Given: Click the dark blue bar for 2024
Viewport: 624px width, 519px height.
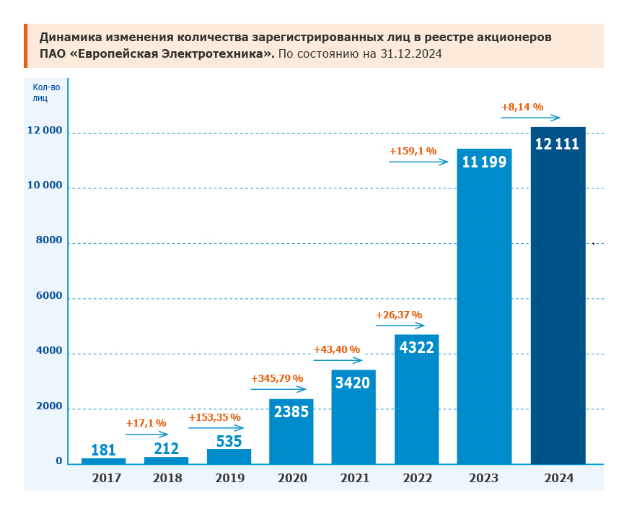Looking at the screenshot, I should click(558, 303).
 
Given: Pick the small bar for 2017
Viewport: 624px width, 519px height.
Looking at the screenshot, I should click(103, 461).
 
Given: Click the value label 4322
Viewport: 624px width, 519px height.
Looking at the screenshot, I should click(416, 347).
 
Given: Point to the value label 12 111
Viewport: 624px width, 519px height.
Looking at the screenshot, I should click(557, 144).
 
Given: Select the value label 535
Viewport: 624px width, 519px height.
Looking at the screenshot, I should click(229, 441).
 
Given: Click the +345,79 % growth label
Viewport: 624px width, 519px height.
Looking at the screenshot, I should click(277, 378).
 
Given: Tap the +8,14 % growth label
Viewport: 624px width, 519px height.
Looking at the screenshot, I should click(522, 107).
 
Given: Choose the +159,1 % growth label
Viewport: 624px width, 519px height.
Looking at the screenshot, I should click(413, 152).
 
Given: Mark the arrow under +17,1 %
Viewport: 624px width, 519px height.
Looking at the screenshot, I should click(147, 435).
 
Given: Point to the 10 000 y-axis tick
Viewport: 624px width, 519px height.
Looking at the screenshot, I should click(45, 186).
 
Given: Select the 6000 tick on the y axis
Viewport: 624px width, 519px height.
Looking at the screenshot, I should click(49, 297).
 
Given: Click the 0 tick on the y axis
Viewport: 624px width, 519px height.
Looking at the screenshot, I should click(59, 461).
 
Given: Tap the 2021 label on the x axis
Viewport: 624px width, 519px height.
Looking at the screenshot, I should click(354, 478).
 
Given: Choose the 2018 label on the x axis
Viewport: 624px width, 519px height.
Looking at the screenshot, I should click(167, 478).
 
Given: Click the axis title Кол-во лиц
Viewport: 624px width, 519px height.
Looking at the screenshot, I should click(45, 93).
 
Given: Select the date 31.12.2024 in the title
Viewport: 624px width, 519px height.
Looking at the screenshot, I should click(411, 54).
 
